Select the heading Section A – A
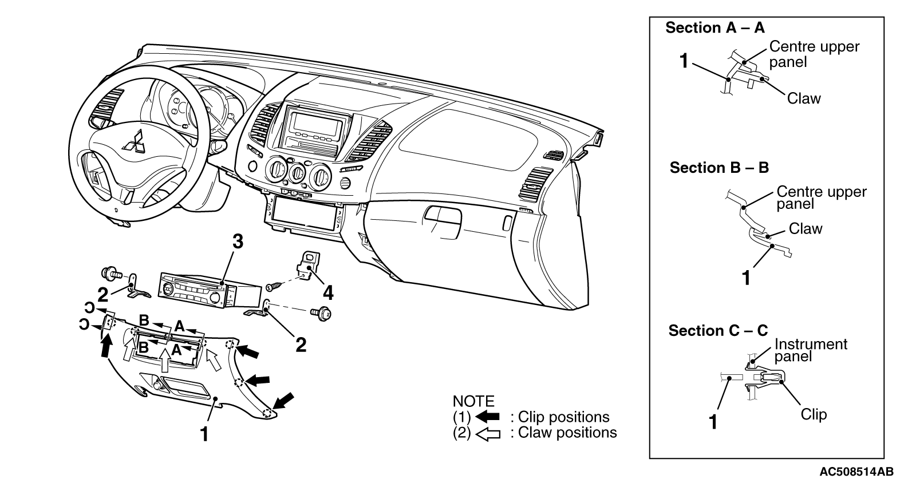[715, 27]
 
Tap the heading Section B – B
[719, 168]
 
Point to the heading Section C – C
[719, 330]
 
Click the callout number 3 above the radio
[238, 242]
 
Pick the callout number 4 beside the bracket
[328, 293]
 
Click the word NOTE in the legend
[473, 402]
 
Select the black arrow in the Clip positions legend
[487, 417]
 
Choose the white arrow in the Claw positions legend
[488, 434]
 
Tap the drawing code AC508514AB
[859, 471]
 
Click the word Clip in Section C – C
[814, 415]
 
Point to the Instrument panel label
[811, 350]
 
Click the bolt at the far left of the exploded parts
[112, 274]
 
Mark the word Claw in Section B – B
[806, 229]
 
